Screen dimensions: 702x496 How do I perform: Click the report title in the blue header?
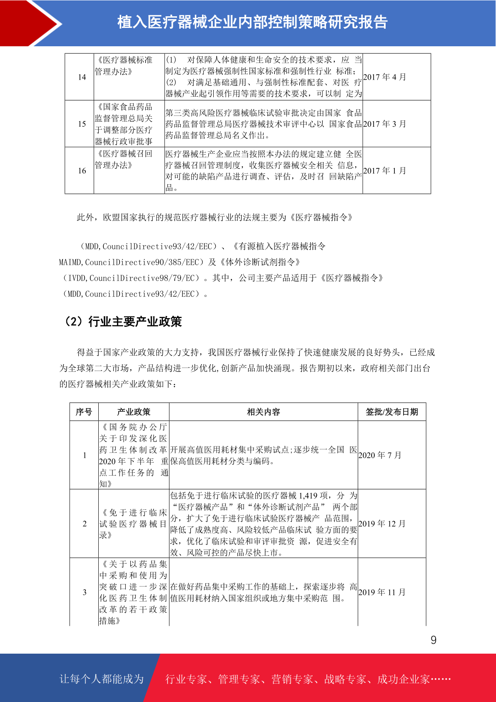[252, 23]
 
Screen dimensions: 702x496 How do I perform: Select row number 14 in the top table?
[82, 77]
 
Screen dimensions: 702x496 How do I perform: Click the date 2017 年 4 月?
[384, 77]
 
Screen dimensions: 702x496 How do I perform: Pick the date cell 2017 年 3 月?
[384, 124]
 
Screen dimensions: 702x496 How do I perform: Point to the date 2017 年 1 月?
[384, 170]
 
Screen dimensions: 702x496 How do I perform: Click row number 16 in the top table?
[82, 170]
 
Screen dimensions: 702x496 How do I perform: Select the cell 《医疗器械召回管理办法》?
[124, 160]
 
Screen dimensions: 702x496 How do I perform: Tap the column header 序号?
[84, 412]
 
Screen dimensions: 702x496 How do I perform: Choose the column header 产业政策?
[134, 412]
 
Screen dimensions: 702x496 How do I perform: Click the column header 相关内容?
[263, 412]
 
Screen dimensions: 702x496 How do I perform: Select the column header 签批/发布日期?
[391, 412]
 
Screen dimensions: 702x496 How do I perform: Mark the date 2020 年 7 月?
[380, 455]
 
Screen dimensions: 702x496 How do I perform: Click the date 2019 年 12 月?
[382, 524]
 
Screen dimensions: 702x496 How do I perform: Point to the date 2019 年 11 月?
[382, 592]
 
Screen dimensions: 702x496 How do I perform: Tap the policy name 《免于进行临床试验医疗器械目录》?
[133, 524]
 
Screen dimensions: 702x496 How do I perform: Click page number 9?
[434, 640]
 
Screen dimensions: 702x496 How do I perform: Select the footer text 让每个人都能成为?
[102, 679]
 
